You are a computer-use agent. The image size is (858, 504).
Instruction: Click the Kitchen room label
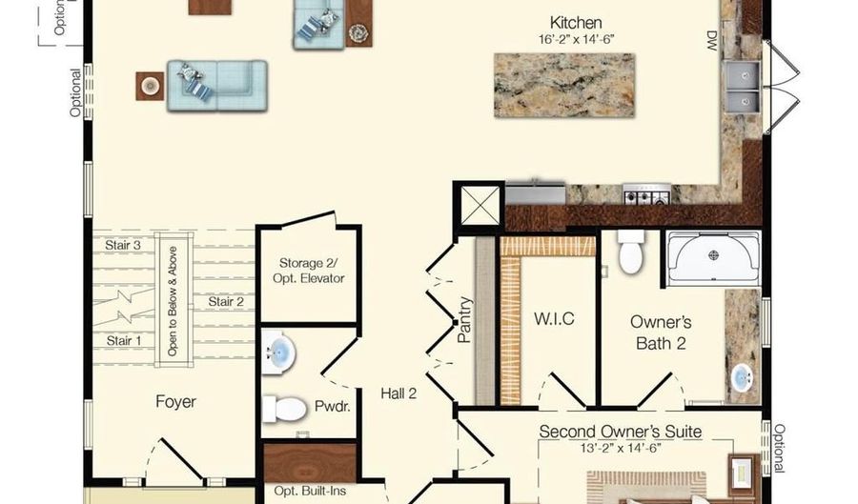coord(576,23)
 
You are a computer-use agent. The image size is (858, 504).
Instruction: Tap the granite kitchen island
coord(564,86)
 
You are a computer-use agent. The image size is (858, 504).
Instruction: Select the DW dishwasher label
coord(711,40)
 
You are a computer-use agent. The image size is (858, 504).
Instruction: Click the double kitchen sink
coord(743,86)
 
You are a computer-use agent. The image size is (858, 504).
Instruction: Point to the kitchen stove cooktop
coord(646,194)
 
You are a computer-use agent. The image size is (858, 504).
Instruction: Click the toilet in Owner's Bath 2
coord(630,252)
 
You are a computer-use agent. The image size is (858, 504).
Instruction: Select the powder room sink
coord(279,352)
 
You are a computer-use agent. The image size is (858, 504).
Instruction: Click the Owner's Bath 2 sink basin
coord(742,377)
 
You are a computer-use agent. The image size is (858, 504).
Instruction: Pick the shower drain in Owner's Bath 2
coord(713,254)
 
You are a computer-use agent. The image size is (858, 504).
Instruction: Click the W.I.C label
coord(554,318)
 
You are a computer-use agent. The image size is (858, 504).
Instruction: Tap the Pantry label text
coord(463,320)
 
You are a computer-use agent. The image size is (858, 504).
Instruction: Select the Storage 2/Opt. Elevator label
coord(309,271)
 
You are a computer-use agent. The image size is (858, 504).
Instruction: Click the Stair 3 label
coord(123,245)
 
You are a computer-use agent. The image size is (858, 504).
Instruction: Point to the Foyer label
coord(175,402)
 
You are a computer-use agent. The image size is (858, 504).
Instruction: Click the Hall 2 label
coord(398,393)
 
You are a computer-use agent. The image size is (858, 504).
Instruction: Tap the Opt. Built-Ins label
coord(310,491)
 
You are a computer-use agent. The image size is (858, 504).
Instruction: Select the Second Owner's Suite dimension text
coord(621,448)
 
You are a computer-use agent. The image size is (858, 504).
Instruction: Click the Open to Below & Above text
coord(173,301)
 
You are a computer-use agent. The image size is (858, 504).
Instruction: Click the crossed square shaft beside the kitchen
coord(480,205)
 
